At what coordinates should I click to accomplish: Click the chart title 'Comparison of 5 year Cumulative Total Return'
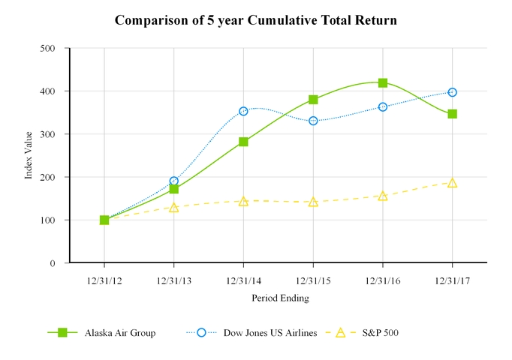pyautogui.click(x=255, y=20)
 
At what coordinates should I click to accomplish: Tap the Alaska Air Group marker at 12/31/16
pyautogui.click(x=383, y=83)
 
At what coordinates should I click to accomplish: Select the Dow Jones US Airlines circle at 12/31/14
pyautogui.click(x=243, y=111)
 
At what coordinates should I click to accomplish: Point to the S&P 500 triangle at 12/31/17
pyautogui.click(x=452, y=183)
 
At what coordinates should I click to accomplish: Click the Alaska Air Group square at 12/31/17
pyautogui.click(x=452, y=114)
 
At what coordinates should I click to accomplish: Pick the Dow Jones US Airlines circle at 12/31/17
pyautogui.click(x=452, y=92)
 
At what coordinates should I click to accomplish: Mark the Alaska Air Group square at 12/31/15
pyautogui.click(x=313, y=100)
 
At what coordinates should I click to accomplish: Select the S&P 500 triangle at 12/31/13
pyautogui.click(x=174, y=207)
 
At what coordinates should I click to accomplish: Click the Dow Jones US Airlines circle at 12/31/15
pyautogui.click(x=313, y=121)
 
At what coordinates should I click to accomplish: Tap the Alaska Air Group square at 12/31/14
pyautogui.click(x=243, y=142)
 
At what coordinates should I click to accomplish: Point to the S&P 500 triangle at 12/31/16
pyautogui.click(x=383, y=196)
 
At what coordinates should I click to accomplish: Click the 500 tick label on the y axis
pyautogui.click(x=49, y=48)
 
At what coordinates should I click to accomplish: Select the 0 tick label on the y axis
pyautogui.click(x=53, y=263)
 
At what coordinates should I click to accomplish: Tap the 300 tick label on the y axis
pyautogui.click(x=49, y=134)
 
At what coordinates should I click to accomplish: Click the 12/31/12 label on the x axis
pyautogui.click(x=104, y=280)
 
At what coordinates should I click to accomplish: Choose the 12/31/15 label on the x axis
pyautogui.click(x=313, y=280)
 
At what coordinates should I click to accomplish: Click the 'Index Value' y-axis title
pyautogui.click(x=29, y=155)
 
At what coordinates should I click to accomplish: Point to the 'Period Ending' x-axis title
pyautogui.click(x=280, y=298)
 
